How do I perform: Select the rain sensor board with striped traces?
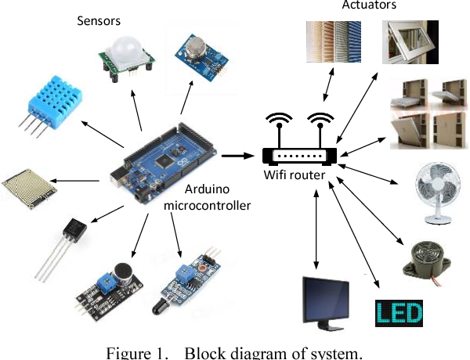28,183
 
